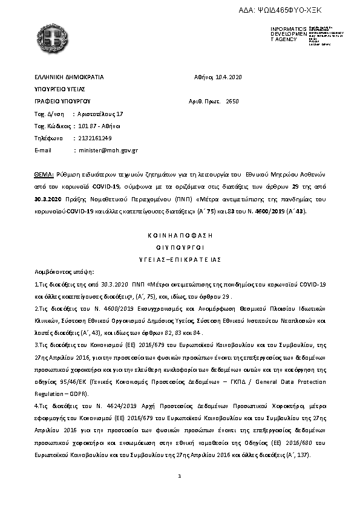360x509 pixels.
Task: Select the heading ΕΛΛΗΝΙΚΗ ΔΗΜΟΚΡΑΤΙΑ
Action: (x=70, y=77)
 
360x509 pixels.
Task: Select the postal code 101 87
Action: (x=87, y=126)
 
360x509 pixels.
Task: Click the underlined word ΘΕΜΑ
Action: (x=44, y=173)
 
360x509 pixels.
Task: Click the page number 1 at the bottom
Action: (x=180, y=478)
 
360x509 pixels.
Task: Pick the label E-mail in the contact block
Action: (x=44, y=150)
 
